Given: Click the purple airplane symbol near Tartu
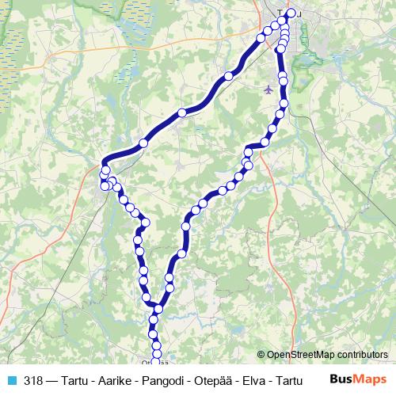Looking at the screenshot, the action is click(x=268, y=89).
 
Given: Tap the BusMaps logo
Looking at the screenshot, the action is click(x=359, y=379).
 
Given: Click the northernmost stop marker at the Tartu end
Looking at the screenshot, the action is click(x=291, y=13).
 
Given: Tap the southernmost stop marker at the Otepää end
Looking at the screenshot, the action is click(x=155, y=362).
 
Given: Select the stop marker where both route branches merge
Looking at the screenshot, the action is click(x=158, y=309).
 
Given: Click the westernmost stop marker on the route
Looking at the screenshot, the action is click(x=104, y=186).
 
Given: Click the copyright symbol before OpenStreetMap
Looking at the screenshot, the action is click(x=261, y=355).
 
